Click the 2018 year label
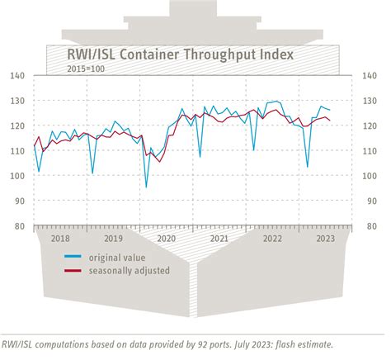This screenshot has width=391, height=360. (x=60, y=238)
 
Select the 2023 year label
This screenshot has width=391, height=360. (x=325, y=238)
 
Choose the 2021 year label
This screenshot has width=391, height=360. (x=219, y=238)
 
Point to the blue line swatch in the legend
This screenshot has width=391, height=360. (x=75, y=257)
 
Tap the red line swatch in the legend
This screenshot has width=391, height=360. (x=75, y=271)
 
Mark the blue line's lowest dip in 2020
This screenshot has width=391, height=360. (x=146, y=187)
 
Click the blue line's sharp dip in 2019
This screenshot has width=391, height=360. (x=92, y=173)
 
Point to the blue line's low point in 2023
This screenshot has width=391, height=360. (x=307, y=167)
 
